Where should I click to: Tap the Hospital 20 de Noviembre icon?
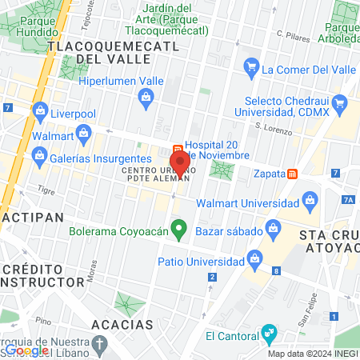pos(178,150)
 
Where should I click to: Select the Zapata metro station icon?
pos(294,173)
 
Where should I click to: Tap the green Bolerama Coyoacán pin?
pos(180,231)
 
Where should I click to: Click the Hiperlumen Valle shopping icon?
pos(146,98)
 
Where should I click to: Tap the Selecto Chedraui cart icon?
pos(340,102)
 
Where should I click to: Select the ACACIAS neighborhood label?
pos(122,325)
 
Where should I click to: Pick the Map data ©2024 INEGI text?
pos(312,354)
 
